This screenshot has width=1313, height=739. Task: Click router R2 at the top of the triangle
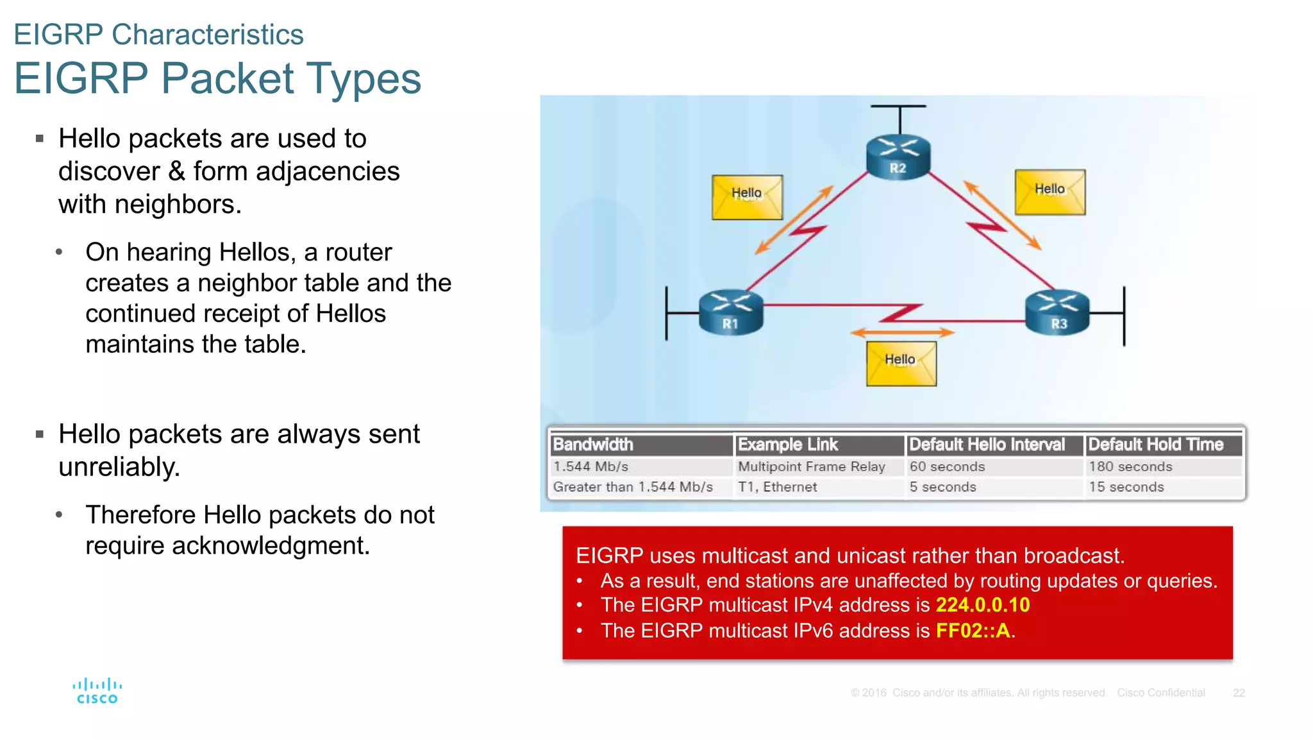pyautogui.click(x=898, y=156)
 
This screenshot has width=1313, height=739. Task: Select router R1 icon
pyautogui.click(x=731, y=312)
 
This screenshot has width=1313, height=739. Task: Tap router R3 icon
pyautogui.click(x=1058, y=312)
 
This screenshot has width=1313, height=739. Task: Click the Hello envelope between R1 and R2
pyautogui.click(x=747, y=198)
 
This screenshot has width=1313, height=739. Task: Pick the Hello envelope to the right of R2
pyautogui.click(x=1050, y=192)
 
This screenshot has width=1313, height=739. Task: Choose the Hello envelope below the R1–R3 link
pyautogui.click(x=901, y=363)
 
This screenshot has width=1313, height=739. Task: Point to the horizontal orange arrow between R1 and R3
pyautogui.click(x=902, y=332)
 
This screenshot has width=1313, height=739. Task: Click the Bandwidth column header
pyautogui.click(x=593, y=445)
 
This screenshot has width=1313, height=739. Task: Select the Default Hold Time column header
pyautogui.click(x=1156, y=445)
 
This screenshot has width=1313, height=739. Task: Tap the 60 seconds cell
pyautogui.click(x=947, y=466)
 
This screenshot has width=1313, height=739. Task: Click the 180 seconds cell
pyautogui.click(x=1130, y=466)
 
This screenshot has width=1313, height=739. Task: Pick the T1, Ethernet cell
pyautogui.click(x=777, y=487)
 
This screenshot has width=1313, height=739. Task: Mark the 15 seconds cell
pyautogui.click(x=1126, y=487)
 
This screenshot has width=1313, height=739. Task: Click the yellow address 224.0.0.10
pyautogui.click(x=982, y=605)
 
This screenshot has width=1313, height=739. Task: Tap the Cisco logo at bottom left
pyautogui.click(x=97, y=692)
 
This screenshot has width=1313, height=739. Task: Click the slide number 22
pyautogui.click(x=1238, y=693)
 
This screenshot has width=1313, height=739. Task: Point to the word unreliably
pyautogui.click(x=119, y=467)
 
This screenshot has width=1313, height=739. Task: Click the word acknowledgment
pyautogui.click(x=271, y=546)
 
